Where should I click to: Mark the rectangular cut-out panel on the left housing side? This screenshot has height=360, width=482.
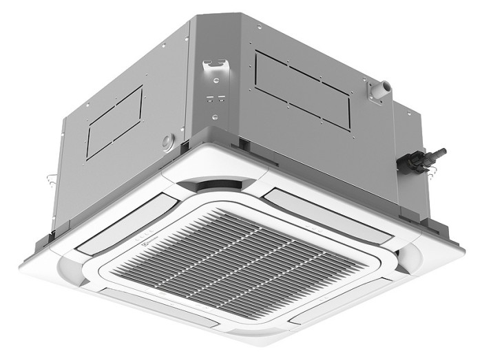[114, 123]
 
